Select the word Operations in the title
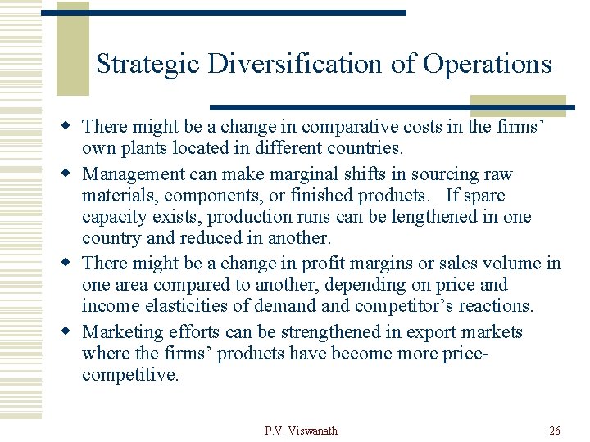487,64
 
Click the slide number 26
555,431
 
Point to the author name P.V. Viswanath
302,431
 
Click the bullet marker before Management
71,174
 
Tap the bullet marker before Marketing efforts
71,331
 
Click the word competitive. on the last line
129,376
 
